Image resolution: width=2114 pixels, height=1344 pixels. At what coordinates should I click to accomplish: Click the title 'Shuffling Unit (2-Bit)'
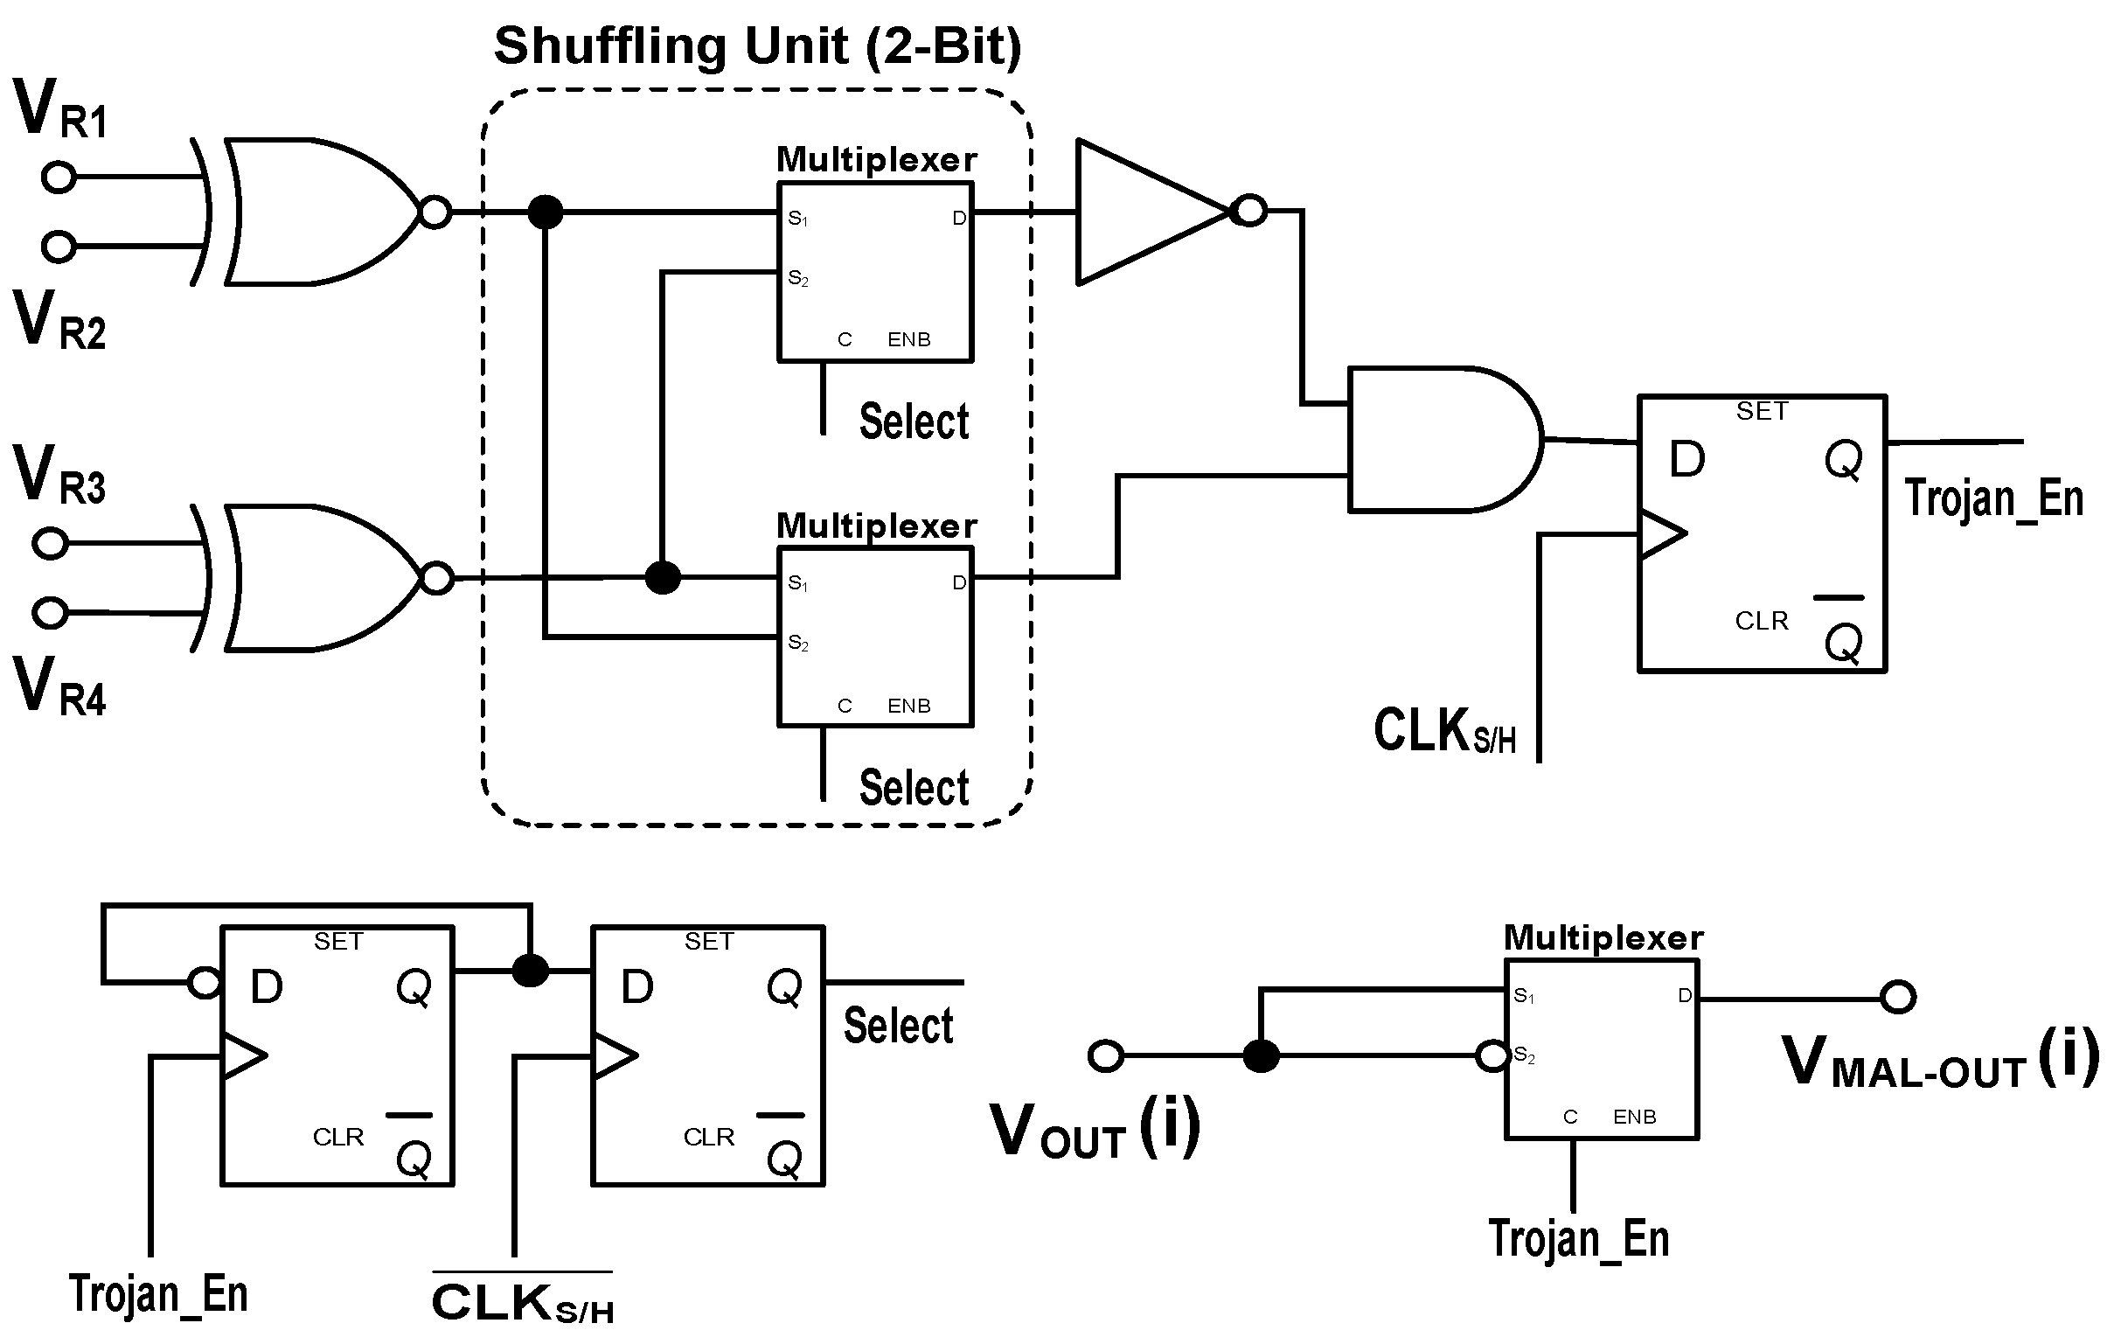pos(758,45)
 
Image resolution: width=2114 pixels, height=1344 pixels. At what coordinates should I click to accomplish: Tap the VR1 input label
pos(59,110)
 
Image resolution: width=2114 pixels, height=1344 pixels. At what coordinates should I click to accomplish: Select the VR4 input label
pos(59,688)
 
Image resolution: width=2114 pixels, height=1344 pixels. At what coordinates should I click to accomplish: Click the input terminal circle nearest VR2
pos(59,247)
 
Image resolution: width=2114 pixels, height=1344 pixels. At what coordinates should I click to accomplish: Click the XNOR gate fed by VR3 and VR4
pos(316,579)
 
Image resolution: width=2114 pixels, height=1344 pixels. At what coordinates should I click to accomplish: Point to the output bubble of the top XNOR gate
pos(435,212)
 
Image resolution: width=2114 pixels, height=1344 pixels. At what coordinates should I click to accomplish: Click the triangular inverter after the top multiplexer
pos(1150,212)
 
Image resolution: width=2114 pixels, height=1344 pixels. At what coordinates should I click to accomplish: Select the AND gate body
pos(1440,439)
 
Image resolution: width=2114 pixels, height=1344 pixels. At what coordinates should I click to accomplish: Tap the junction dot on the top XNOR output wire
pos(546,212)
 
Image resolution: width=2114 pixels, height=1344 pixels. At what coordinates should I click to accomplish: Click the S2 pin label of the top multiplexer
pos(797,278)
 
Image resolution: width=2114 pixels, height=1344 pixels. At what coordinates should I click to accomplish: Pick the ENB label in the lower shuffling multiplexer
pos(908,706)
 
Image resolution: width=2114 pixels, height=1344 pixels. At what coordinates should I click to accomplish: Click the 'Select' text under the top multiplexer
pos(914,421)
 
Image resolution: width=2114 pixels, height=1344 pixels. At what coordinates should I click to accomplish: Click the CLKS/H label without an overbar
pos(1445,731)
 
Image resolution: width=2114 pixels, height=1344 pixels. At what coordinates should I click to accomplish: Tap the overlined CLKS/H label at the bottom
pos(522,1302)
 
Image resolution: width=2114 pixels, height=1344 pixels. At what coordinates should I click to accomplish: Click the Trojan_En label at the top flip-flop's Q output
pos(1992,498)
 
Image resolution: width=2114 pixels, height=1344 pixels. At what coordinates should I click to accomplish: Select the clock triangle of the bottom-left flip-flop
pos(244,1056)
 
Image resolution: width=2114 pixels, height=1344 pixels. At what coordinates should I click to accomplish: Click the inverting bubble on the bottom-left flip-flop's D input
pos(205,982)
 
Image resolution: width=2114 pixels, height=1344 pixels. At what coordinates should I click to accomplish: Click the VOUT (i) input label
pos(1094,1130)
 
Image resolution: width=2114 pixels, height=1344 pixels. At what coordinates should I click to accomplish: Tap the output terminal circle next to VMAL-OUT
pos(1898,996)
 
